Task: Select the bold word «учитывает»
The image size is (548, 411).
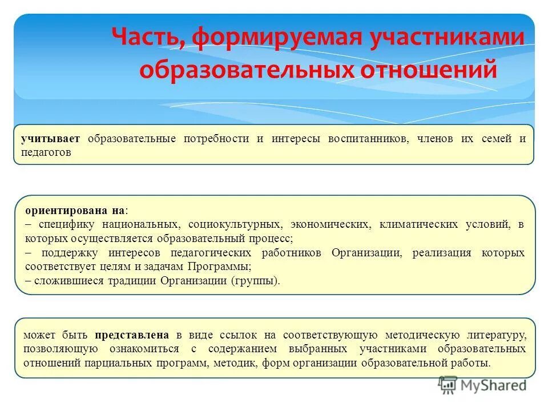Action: (51, 139)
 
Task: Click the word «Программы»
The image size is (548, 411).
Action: (220, 266)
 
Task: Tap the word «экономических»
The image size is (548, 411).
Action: (328, 224)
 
